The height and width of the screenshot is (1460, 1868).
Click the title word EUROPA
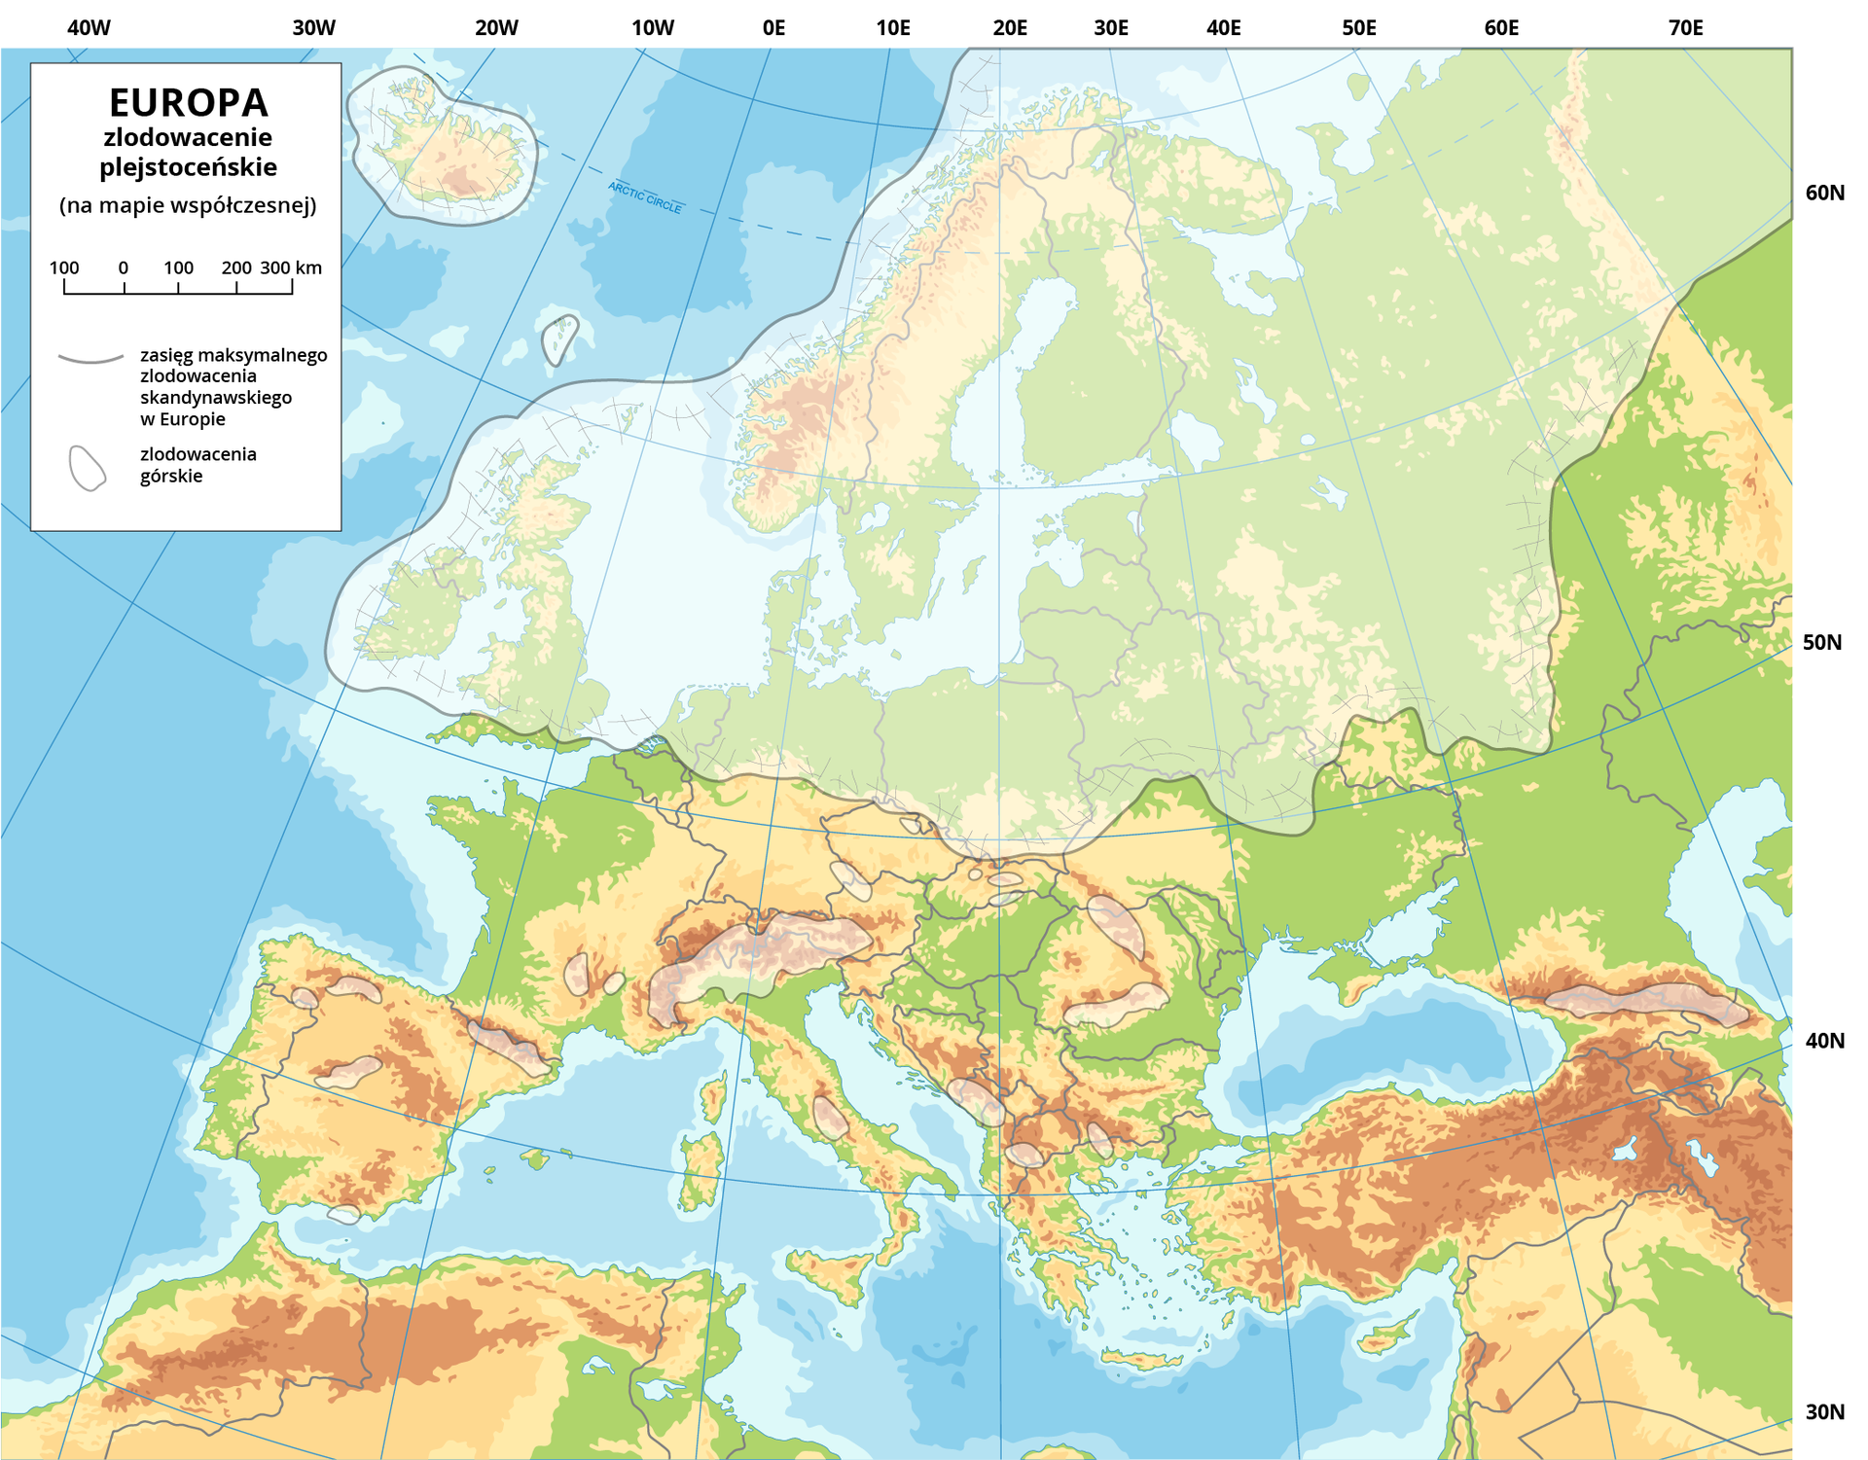click(x=188, y=102)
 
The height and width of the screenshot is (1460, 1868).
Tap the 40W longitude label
click(x=89, y=28)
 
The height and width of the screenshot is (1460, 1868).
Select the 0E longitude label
click(x=773, y=28)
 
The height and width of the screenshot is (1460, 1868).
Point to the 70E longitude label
click(x=1685, y=28)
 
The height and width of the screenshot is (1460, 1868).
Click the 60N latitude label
click(x=1824, y=193)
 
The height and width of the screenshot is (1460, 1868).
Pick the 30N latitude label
click(x=1824, y=1411)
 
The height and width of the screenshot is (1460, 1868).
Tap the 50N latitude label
click(x=1821, y=642)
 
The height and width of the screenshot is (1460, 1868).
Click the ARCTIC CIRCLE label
click(x=645, y=197)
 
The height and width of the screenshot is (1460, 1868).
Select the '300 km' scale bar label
click(x=291, y=267)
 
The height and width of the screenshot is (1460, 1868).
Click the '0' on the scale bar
click(x=124, y=267)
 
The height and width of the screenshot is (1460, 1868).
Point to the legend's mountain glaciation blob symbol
click(x=87, y=469)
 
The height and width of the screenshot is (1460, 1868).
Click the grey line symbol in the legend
click(x=90, y=359)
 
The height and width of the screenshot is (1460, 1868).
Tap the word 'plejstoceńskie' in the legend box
click(x=188, y=167)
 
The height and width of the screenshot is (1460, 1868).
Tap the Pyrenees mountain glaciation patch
click(x=510, y=1048)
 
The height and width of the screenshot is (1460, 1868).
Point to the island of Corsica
click(x=714, y=1095)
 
